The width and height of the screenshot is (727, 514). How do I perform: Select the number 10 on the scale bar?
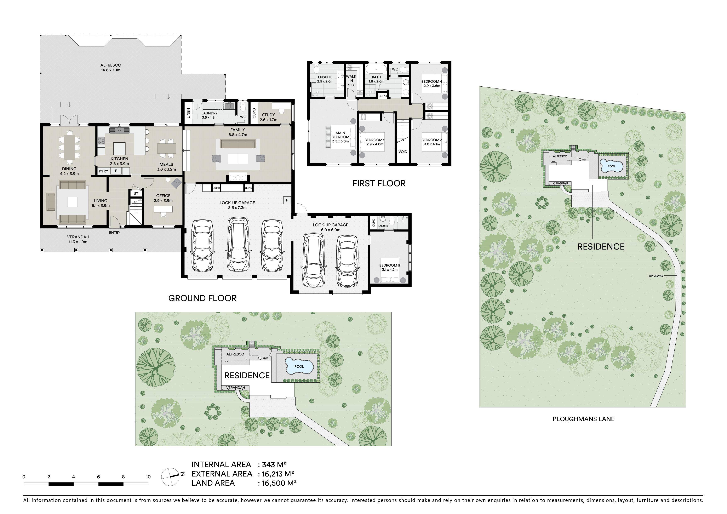[x=148, y=477]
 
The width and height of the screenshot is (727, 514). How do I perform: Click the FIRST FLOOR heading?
[x=379, y=183]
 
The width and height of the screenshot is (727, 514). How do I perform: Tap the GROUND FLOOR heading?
[x=202, y=298]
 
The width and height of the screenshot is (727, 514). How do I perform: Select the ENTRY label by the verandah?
[x=115, y=233]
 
